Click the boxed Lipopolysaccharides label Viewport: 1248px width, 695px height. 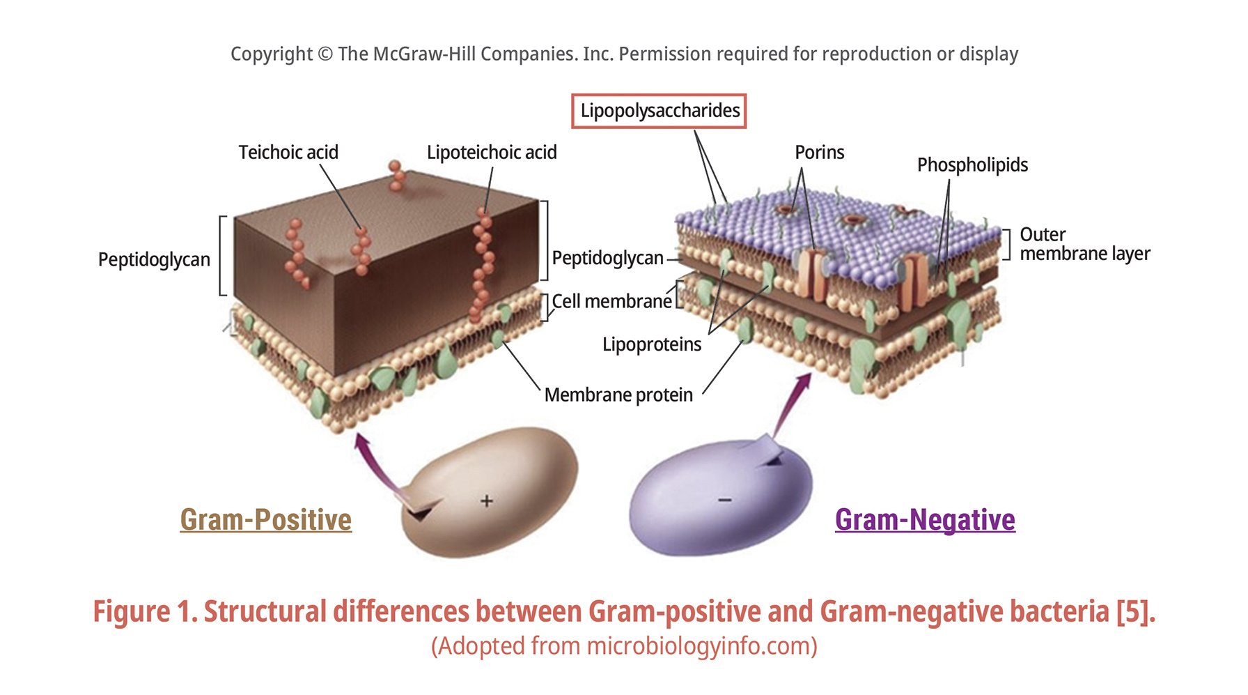tap(659, 111)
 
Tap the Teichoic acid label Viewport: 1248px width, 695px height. tap(288, 152)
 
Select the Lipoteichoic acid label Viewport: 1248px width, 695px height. tap(492, 152)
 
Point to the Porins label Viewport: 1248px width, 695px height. tap(819, 152)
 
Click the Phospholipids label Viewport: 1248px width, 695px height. tap(972, 165)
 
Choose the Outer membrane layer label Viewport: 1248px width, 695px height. tap(1084, 244)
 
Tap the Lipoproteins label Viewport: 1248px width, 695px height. tap(652, 344)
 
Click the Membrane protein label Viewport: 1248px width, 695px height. tap(618, 395)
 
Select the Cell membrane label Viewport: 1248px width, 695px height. tap(611, 301)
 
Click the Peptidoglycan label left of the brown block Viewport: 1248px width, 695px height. tap(154, 259)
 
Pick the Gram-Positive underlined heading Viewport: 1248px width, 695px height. tap(265, 520)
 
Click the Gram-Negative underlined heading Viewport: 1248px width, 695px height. tap(925, 520)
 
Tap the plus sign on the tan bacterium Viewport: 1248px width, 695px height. tap(487, 501)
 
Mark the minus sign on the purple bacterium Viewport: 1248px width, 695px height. tap(725, 500)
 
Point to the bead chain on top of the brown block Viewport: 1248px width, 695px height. tap(396, 175)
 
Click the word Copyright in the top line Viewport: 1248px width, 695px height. tap(272, 54)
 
